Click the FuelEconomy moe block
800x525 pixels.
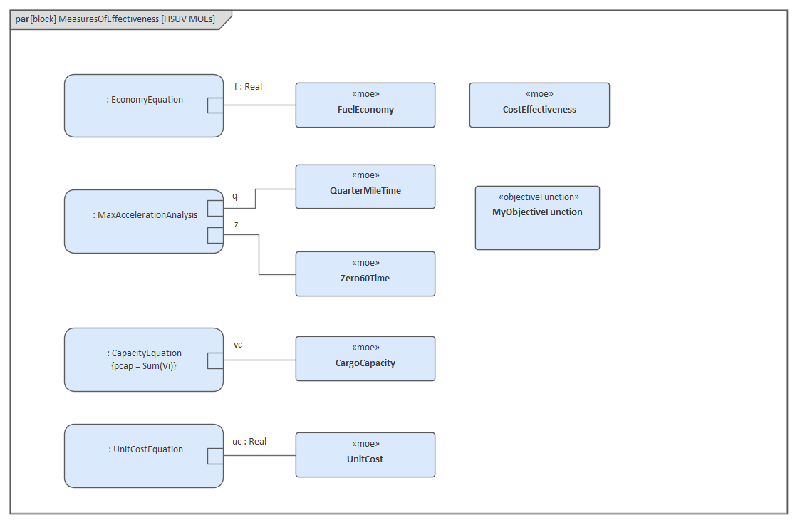(365, 105)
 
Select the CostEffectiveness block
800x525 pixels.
(539, 105)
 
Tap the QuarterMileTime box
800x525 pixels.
(365, 187)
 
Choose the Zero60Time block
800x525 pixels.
(365, 274)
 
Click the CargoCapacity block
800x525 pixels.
(365, 359)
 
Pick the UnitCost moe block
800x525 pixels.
(365, 455)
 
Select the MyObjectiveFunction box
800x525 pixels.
(537, 218)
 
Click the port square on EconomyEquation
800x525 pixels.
(215, 105)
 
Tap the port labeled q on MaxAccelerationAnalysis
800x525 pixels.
(215, 208)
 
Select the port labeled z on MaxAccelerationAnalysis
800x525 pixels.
(215, 235)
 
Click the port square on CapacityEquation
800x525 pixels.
(215, 360)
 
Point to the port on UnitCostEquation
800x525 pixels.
(215, 456)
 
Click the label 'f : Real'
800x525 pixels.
(248, 87)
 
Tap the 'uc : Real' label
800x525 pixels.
(249, 442)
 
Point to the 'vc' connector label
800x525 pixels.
(238, 345)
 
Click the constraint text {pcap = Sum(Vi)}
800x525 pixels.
(145, 365)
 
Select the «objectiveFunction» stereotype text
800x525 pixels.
(538, 197)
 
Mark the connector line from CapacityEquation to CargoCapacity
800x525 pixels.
(259, 360)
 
